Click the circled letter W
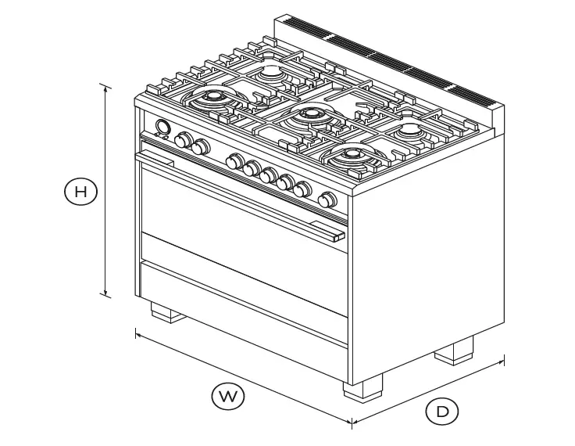[227, 397]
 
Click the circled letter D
[442, 412]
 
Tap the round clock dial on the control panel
[162, 128]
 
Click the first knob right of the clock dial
[184, 140]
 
